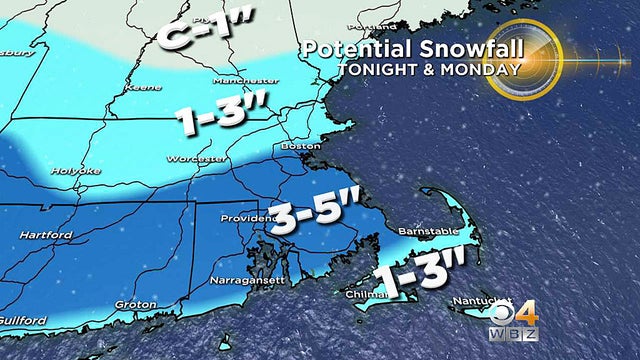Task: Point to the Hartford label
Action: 46,235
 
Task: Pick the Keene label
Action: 136,88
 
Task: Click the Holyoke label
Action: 77,171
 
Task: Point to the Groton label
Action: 135,304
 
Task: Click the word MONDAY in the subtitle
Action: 485,70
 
